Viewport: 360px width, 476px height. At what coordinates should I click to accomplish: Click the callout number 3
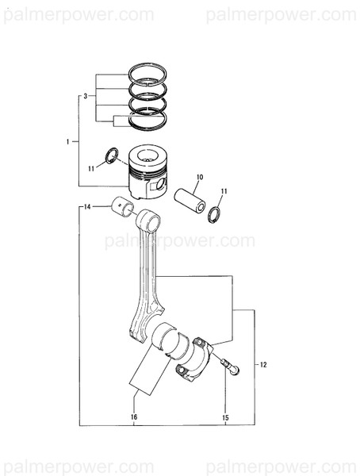click(85, 95)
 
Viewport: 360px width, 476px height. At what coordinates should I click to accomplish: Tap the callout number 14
click(87, 206)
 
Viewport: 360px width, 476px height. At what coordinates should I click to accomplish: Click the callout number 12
click(263, 364)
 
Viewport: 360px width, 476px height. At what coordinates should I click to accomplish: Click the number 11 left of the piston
click(92, 168)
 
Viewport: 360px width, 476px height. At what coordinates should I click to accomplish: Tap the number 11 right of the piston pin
click(224, 191)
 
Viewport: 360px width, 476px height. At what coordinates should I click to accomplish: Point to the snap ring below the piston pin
click(213, 213)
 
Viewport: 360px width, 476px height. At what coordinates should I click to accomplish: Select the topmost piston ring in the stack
click(148, 71)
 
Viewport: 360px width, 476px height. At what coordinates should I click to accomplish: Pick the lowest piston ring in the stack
click(147, 119)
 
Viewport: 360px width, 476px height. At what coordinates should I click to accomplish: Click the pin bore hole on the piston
click(162, 185)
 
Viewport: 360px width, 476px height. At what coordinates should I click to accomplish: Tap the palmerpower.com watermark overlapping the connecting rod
click(179, 240)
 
